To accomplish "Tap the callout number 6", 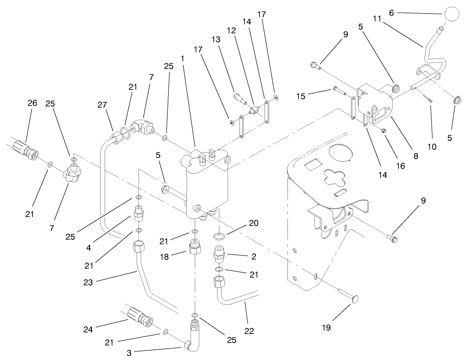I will tap(391, 14).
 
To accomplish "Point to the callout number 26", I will tap(32, 103).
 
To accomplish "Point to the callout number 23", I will tap(88, 282).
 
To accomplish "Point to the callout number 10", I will tap(432, 147).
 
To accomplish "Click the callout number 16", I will tap(400, 166).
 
